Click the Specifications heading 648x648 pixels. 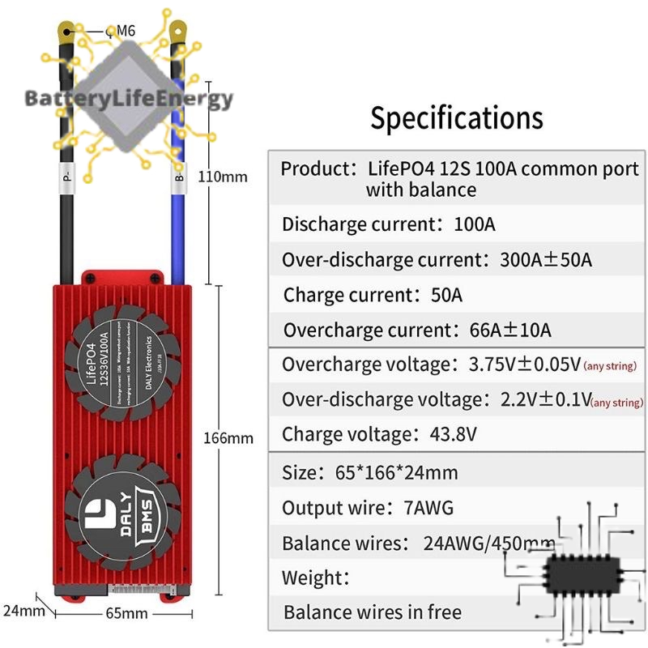pos(456,118)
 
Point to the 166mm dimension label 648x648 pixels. pos(228,438)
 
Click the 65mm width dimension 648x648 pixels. pos(127,612)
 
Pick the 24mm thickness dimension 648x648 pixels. pos(23,610)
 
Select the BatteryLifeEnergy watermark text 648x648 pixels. pos(129,100)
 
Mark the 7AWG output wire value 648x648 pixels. pos(428,508)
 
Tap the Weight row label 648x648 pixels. pos(316,578)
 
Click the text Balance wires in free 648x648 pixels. pos(373,612)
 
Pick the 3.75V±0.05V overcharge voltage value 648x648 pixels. pos(524,364)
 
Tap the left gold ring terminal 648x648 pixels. pos(67,32)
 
